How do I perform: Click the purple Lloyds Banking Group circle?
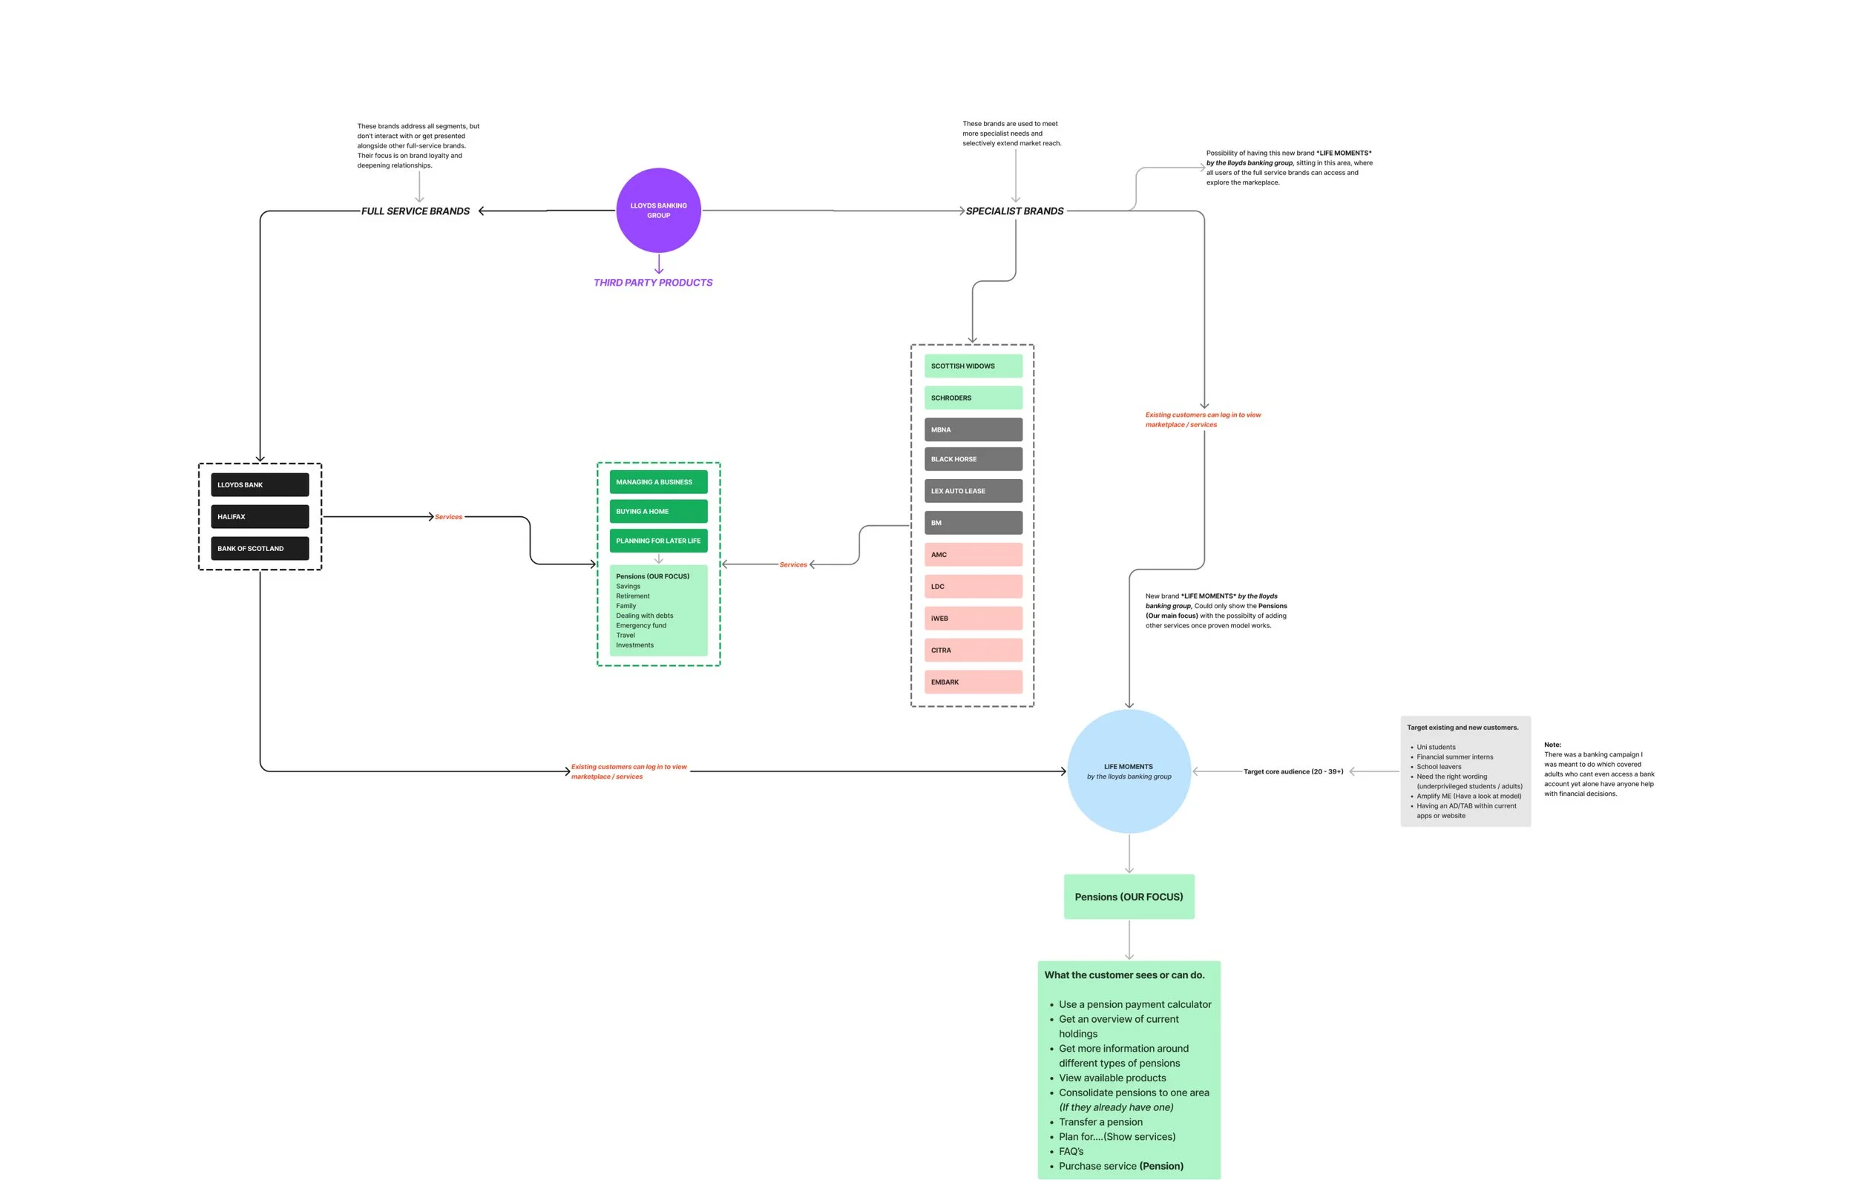(x=658, y=211)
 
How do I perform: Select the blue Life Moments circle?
(x=1129, y=771)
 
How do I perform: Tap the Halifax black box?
(x=260, y=517)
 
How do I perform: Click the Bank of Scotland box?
(x=260, y=548)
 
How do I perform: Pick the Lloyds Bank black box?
(x=260, y=484)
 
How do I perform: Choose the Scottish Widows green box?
(x=973, y=366)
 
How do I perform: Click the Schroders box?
(x=973, y=398)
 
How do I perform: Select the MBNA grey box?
(x=973, y=429)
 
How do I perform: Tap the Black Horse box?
(x=973, y=459)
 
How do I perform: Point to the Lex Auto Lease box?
(x=973, y=491)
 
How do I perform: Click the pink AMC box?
(x=973, y=555)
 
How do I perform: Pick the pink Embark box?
(x=973, y=682)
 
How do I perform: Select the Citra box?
(x=973, y=650)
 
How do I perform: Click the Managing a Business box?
(x=658, y=482)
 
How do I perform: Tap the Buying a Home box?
(x=658, y=512)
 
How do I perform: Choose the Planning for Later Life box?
(x=658, y=541)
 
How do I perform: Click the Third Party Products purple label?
(x=652, y=283)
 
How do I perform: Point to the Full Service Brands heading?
(x=416, y=211)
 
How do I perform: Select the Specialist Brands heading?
(x=1014, y=211)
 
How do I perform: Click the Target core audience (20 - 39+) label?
(x=1293, y=771)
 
